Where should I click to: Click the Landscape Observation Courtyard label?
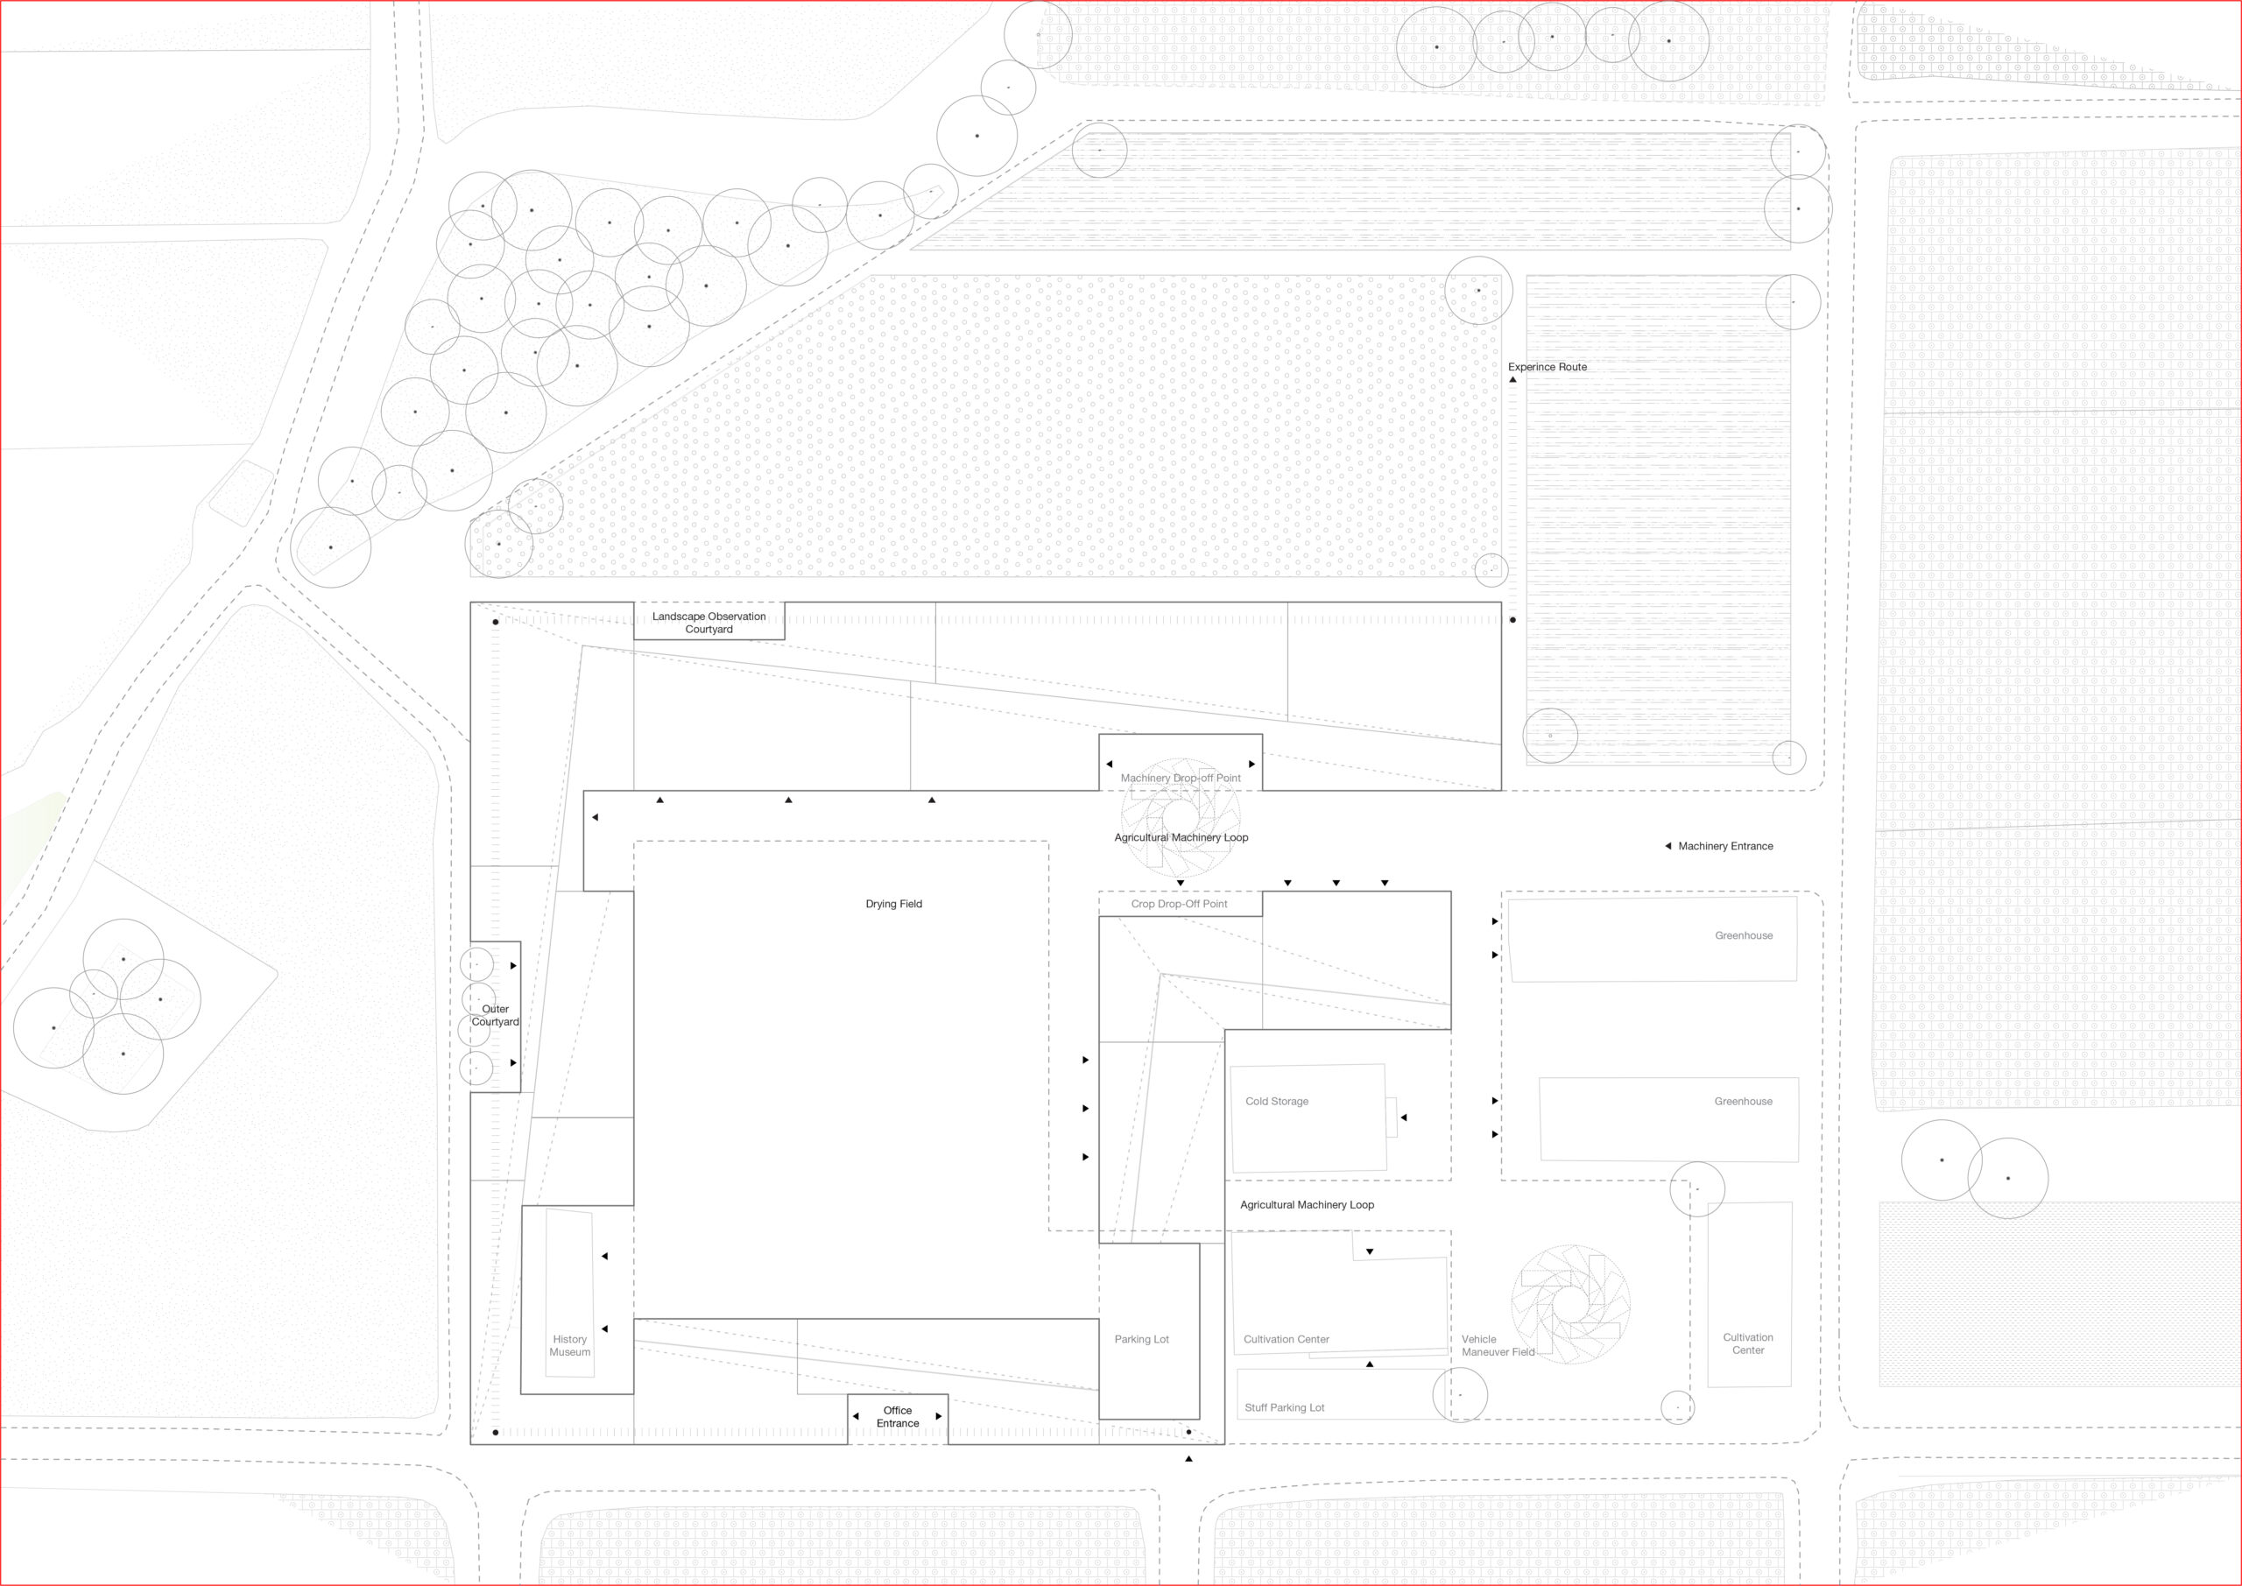coord(709,623)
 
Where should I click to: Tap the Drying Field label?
coord(893,905)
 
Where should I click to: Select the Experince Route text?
coord(1547,367)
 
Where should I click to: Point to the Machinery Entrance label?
coord(1725,847)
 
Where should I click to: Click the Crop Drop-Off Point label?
coord(1179,905)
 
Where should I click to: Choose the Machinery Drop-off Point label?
coord(1181,779)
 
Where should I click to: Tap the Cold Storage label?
coord(1276,1102)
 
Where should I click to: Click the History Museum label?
coord(569,1346)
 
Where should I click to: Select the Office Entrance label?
coord(898,1417)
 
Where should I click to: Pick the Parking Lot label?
coord(1141,1340)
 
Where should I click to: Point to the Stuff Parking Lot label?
coord(1284,1408)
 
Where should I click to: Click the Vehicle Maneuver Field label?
coord(1498,1346)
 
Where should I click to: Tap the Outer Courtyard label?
coord(495,1016)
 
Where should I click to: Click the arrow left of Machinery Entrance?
coord(1667,846)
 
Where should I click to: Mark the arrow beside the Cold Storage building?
coord(1403,1117)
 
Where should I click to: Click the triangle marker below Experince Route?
coord(1512,379)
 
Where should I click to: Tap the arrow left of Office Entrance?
coord(856,1416)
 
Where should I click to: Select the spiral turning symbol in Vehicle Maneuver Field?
coord(1570,1304)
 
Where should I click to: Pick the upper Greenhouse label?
coord(1743,935)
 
